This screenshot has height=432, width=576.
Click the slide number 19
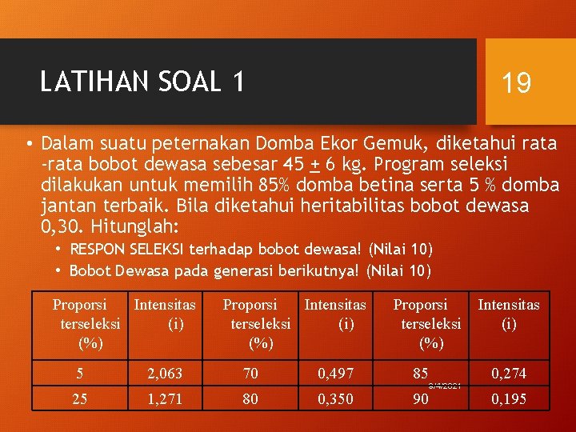(516, 82)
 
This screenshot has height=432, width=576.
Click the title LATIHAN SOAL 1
(142, 81)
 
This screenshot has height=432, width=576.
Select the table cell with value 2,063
(165, 373)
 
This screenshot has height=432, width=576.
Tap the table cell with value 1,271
(165, 398)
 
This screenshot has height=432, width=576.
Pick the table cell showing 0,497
(335, 373)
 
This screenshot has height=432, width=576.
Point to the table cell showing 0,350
(335, 398)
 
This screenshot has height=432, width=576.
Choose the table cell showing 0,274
(509, 373)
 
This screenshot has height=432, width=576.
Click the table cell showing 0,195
(509, 398)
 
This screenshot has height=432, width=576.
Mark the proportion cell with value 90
(421, 398)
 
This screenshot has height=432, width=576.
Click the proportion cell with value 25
(80, 398)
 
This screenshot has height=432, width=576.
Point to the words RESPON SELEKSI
(127, 250)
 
